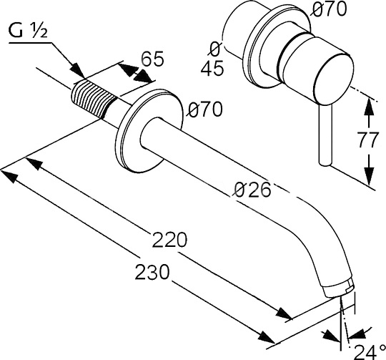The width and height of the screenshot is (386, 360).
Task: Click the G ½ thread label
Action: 28,31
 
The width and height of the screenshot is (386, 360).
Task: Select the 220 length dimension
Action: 169,240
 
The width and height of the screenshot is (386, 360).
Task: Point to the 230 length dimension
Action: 152,271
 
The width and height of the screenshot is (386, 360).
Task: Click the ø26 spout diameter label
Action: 252,190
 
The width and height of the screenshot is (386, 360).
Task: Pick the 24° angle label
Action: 370,352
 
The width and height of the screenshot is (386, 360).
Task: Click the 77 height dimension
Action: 369,140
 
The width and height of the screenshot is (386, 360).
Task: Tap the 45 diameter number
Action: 212,68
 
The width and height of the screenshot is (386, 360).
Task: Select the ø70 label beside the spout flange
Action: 204,109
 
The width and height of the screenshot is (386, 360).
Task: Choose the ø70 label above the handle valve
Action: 328,9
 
